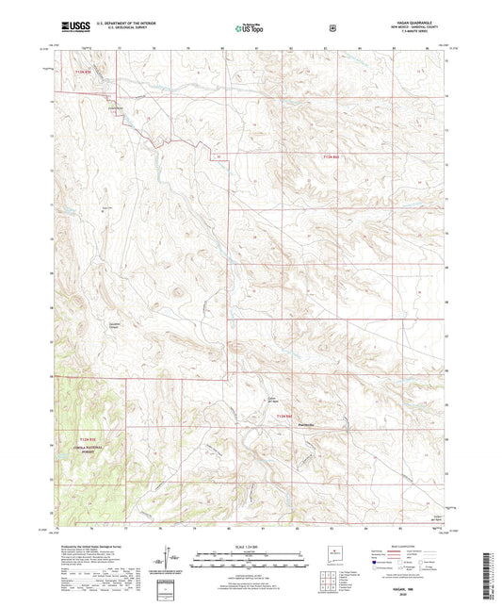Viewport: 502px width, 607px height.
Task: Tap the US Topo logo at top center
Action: point(250,28)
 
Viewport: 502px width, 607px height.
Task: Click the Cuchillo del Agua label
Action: point(268,398)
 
